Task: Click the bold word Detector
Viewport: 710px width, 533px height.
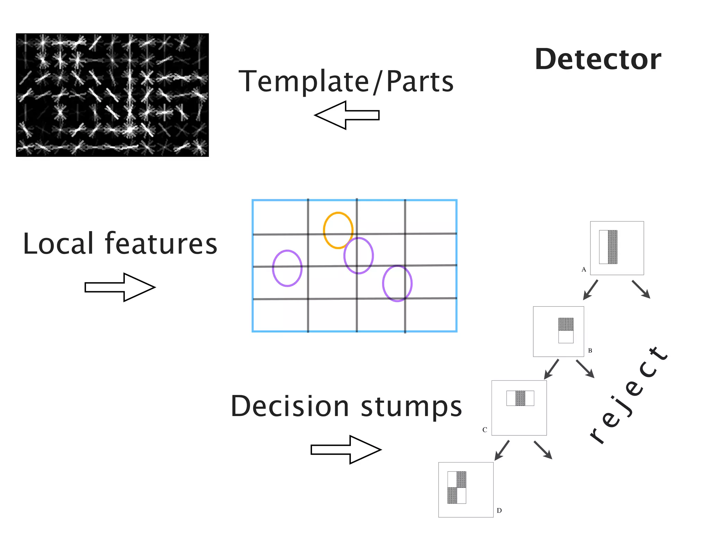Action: point(598,59)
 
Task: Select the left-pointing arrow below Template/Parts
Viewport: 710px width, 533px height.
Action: point(346,115)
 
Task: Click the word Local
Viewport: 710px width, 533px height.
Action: point(58,244)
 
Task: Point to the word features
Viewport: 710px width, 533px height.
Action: point(161,244)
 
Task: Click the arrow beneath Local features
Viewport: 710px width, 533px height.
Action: point(120,287)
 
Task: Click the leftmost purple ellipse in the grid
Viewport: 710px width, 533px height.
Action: point(287,268)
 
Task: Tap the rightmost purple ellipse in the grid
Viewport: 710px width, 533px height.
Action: point(397,284)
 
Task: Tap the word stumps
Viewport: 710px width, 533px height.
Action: point(412,407)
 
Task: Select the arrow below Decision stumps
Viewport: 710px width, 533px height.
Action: point(346,450)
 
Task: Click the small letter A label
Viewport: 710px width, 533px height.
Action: point(584,270)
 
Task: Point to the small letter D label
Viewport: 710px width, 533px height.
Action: point(499,510)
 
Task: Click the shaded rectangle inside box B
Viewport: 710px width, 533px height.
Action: point(566,324)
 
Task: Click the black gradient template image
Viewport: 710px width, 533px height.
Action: point(112,95)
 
